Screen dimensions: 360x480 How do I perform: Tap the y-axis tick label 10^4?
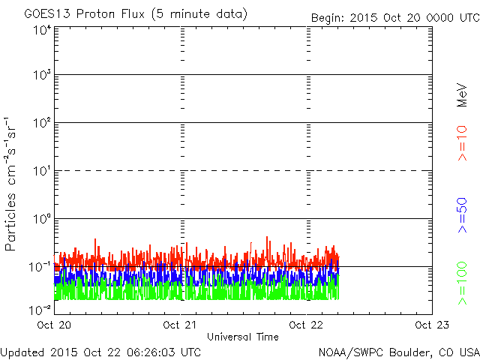point(42,30)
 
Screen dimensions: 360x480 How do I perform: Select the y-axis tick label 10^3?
point(42,75)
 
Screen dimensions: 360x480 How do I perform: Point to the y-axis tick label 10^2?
point(42,122)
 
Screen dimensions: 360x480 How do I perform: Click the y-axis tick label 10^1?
point(42,170)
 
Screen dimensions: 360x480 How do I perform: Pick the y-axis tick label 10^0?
point(42,218)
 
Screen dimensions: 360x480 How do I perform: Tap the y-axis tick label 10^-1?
point(40,266)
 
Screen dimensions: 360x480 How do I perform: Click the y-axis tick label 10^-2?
point(40,308)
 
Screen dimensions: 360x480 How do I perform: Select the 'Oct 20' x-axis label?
point(54,325)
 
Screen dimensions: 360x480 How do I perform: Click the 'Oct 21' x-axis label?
point(181,325)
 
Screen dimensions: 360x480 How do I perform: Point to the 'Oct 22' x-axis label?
point(307,325)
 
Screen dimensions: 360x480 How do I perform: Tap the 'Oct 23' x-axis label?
point(429,325)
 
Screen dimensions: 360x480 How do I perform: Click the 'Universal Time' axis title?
point(242,337)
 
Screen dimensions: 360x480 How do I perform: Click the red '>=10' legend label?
point(463,145)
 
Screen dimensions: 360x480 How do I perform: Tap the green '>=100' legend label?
point(463,283)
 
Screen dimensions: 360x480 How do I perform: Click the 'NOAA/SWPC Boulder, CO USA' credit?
point(398,352)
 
